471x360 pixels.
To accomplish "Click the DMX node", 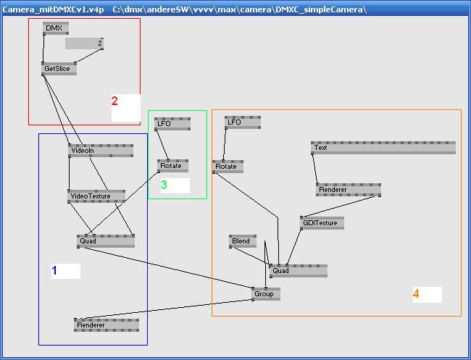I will click(x=55, y=28).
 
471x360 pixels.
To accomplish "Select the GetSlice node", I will click(x=59, y=69).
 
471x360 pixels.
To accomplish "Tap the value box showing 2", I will click(x=84, y=43).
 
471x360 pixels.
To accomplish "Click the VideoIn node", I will click(x=101, y=151).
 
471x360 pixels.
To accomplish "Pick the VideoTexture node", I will click(x=96, y=196).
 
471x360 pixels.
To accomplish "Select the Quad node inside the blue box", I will click(x=106, y=241).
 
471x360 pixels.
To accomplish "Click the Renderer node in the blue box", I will click(x=107, y=325).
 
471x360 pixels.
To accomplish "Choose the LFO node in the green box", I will click(x=172, y=124).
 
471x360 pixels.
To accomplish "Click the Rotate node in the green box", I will click(x=172, y=166).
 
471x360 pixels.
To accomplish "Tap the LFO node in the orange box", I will click(x=242, y=122).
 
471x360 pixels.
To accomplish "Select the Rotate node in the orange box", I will click(x=228, y=167).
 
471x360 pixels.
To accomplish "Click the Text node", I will click(x=383, y=148).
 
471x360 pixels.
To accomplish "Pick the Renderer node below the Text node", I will click(x=349, y=190).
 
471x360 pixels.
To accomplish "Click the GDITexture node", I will click(x=322, y=223).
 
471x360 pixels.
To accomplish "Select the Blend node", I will click(x=243, y=241).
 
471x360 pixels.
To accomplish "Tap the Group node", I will click(x=266, y=294).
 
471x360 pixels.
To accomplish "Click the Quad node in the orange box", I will click(x=298, y=271).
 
